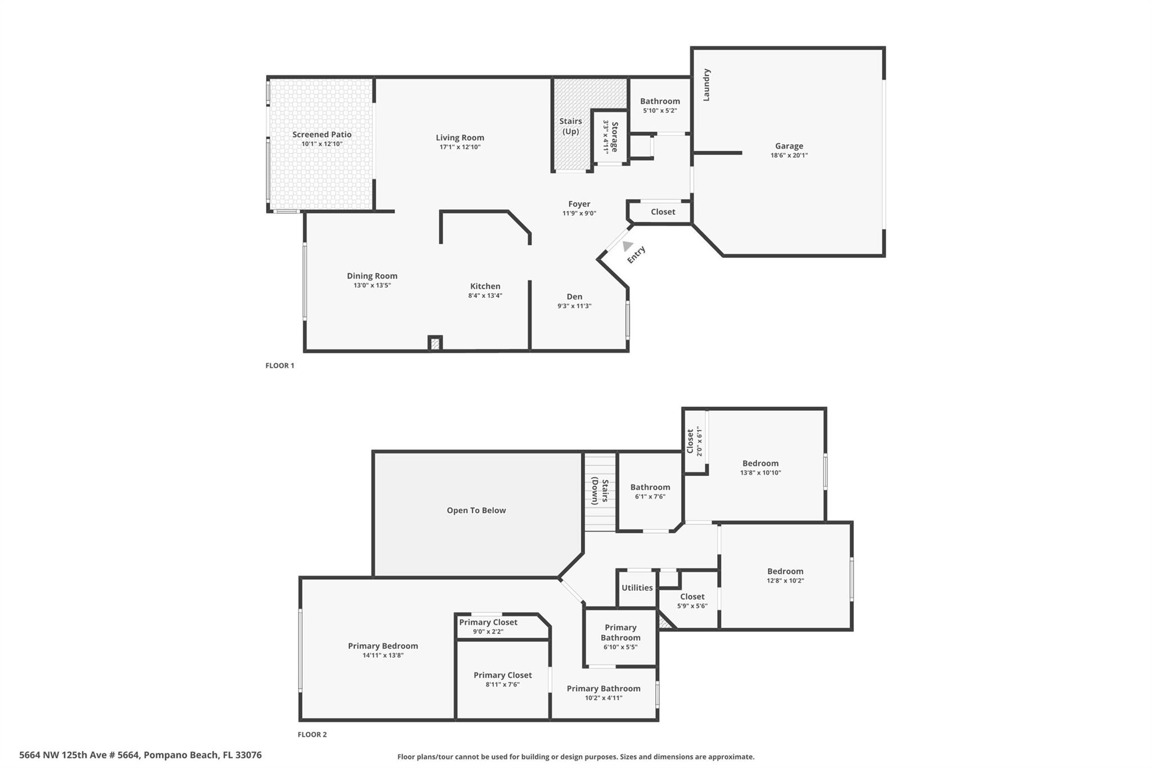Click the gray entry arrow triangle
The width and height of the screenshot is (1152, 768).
(x=627, y=246)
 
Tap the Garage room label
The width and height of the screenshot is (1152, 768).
(x=789, y=146)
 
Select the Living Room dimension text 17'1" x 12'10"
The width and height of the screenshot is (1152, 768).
(x=460, y=147)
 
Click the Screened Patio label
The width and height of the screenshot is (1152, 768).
(x=322, y=134)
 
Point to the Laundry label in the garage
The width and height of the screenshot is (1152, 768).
(x=706, y=85)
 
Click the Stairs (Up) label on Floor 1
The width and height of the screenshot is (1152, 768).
(x=570, y=127)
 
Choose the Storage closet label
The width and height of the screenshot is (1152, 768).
(x=615, y=137)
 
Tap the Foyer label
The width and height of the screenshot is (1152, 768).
(x=579, y=204)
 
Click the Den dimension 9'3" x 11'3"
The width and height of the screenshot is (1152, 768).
(x=574, y=306)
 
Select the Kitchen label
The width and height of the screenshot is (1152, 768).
(x=485, y=286)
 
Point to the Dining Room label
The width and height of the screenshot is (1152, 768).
(x=372, y=276)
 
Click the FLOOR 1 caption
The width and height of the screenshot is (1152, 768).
(x=280, y=366)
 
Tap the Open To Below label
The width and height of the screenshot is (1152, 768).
(x=476, y=510)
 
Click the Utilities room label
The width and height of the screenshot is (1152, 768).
(x=637, y=587)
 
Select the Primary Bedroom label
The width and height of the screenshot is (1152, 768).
(x=383, y=646)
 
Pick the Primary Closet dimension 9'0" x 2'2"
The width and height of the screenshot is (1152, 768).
(x=488, y=632)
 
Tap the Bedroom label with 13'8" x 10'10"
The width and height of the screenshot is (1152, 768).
(x=760, y=464)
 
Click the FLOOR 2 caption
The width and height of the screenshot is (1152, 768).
(x=312, y=734)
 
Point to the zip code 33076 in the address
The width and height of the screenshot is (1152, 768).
(x=249, y=755)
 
